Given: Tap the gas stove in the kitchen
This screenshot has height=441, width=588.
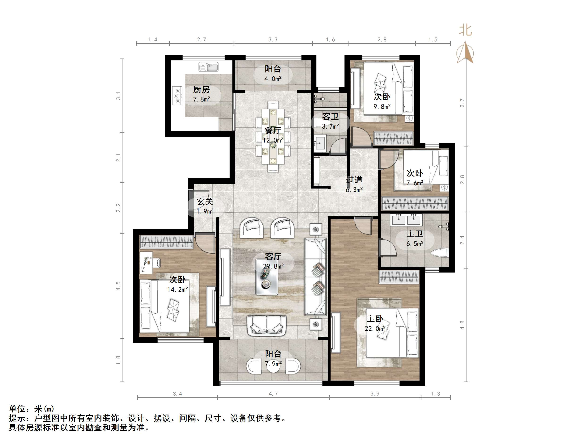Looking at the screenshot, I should tap(177, 95).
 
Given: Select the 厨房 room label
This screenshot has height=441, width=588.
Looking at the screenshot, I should tap(201, 90).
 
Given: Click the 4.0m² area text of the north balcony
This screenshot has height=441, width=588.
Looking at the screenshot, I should tap(273, 79).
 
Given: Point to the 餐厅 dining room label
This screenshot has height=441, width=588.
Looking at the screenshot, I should tap(273, 130).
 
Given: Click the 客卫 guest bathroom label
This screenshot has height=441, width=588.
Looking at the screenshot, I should tap(330, 116).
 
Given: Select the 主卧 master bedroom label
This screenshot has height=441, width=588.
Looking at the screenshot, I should tap(375, 319).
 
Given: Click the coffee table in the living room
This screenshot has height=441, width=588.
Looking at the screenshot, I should tap(267, 277).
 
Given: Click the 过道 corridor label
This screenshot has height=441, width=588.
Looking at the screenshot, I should tap(354, 180).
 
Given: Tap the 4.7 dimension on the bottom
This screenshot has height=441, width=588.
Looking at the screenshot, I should tap(273, 394).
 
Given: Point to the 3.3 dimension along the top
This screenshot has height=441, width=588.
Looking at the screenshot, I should tap(273, 40).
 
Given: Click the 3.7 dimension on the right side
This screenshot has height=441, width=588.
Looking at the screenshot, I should tap(462, 103).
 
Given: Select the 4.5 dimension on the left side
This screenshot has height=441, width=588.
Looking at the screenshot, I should tap(118, 286).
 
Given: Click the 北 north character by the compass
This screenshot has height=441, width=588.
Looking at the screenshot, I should tap(465, 30).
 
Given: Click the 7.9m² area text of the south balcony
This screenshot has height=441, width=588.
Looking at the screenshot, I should tap(273, 363).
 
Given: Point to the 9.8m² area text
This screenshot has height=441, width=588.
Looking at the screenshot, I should tap(382, 107).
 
